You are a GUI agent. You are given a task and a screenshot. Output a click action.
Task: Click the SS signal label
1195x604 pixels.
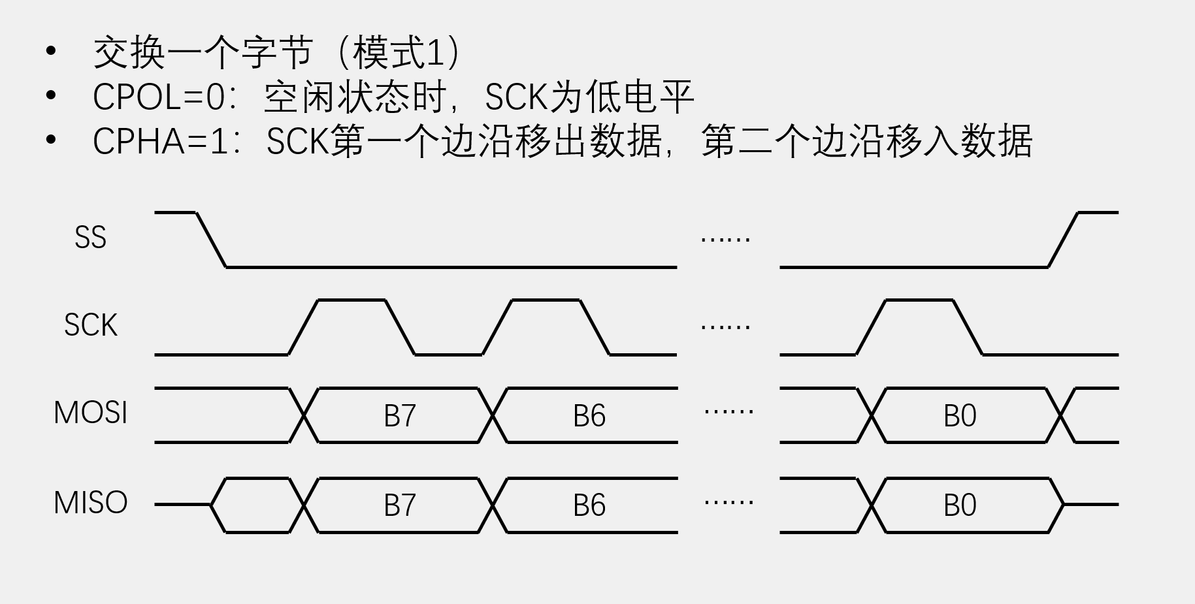(x=90, y=238)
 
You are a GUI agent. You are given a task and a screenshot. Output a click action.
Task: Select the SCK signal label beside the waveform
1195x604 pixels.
(x=90, y=325)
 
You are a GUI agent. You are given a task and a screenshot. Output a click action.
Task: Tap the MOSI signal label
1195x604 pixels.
(x=90, y=413)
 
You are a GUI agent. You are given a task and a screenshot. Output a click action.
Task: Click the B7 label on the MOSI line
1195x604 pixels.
(x=399, y=416)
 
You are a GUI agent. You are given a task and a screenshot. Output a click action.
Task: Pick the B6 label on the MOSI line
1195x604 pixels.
(x=589, y=416)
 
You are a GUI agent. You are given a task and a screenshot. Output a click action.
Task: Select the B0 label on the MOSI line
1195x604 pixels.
(x=959, y=416)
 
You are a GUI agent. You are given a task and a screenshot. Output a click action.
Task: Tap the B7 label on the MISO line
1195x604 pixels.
(x=399, y=505)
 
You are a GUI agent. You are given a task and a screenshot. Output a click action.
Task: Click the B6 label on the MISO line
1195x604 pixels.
(x=589, y=505)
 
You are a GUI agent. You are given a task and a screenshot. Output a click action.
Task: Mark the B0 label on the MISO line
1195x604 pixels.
(x=959, y=505)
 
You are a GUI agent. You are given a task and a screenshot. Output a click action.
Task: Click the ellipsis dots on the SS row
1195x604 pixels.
(x=725, y=240)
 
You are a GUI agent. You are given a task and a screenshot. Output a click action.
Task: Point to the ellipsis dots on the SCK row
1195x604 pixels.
(x=725, y=326)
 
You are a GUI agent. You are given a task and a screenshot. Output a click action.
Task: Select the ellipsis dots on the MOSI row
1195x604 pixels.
(x=728, y=412)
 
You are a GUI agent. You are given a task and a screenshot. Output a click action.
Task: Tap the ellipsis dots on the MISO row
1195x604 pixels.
(x=728, y=502)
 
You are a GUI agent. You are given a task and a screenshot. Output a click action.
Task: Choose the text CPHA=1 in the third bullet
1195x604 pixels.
(x=161, y=142)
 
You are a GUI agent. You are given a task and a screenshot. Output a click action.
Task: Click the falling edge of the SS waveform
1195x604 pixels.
(x=211, y=240)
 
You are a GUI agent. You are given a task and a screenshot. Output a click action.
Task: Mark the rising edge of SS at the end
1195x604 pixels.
(x=1063, y=240)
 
